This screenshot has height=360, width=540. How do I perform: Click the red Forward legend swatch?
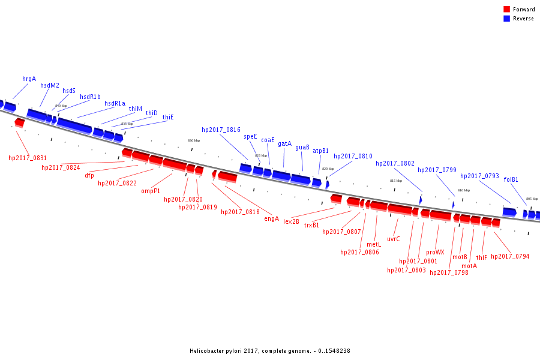[507, 10]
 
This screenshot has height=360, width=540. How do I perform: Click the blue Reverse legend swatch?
[507, 19]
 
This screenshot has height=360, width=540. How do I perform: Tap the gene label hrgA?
[29, 79]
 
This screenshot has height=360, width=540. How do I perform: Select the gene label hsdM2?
[50, 85]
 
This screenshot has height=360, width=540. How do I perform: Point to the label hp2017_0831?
[28, 158]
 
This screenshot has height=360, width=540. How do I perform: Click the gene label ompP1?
[151, 191]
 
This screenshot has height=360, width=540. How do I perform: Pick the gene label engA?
[272, 218]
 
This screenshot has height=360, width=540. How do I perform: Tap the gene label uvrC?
[394, 238]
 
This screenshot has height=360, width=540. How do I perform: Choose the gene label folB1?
[511, 179]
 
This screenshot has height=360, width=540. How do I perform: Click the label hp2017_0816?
[221, 130]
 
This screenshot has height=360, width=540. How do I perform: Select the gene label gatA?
[284, 143]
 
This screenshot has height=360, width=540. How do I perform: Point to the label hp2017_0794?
[510, 256]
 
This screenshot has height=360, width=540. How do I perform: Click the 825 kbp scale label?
[261, 155]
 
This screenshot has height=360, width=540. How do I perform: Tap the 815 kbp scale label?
[396, 181]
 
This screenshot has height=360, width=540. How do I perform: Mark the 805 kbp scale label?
[532, 199]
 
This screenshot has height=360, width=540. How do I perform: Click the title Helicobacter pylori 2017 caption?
[269, 351]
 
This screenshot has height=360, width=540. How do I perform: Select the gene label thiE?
[168, 117]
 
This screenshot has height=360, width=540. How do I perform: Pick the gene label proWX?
[435, 252]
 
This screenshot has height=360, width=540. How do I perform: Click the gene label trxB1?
[311, 225]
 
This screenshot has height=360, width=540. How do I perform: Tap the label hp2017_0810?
[353, 156]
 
